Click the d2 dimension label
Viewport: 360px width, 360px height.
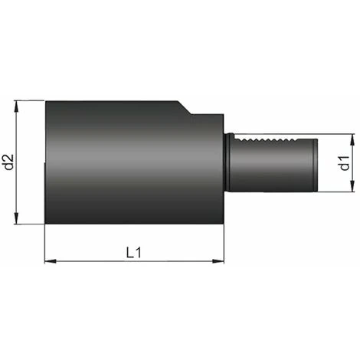(x=8, y=162)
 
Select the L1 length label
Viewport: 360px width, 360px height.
(x=133, y=252)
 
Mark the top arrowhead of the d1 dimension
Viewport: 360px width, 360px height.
(x=352, y=139)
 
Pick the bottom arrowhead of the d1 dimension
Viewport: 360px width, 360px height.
(x=352, y=189)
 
